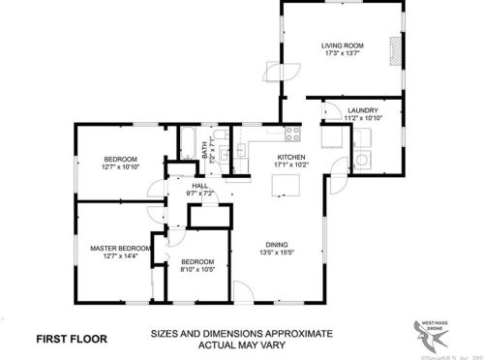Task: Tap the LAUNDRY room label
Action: click(x=363, y=111)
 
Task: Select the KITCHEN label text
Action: click(x=291, y=157)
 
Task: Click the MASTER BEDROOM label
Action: click(x=121, y=248)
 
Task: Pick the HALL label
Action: click(x=200, y=185)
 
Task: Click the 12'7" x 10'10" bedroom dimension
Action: click(x=121, y=166)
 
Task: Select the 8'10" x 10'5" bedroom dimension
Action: click(x=197, y=269)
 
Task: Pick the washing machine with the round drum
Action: click(x=360, y=159)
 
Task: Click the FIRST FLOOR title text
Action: click(x=72, y=339)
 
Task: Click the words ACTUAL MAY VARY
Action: click(x=242, y=345)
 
